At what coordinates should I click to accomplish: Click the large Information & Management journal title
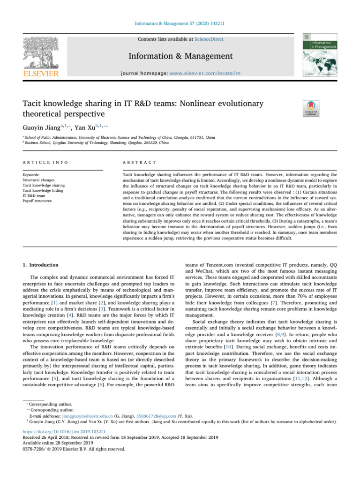tap(180, 57)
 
